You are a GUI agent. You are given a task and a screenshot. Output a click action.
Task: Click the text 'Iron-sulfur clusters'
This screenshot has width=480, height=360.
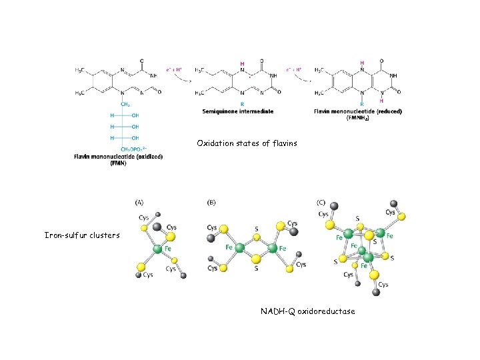[x=82, y=235]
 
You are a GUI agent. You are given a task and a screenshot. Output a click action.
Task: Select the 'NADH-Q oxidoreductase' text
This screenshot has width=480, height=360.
[x=307, y=311]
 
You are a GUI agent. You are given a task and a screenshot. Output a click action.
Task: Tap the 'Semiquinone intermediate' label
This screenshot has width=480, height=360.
[x=237, y=111]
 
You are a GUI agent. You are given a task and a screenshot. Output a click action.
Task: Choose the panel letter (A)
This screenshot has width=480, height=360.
[x=140, y=201]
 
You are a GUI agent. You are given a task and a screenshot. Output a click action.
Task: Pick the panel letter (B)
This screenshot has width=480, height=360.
[x=211, y=201]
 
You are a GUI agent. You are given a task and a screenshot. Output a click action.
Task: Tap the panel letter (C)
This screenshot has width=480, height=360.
[x=321, y=201]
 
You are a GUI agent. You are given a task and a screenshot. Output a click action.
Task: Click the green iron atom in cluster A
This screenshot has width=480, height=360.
[x=157, y=249]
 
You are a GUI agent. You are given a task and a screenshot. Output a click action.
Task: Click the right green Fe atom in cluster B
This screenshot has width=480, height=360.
[x=272, y=248]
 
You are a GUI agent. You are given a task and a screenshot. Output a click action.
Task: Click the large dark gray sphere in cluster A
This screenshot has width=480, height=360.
[x=157, y=227]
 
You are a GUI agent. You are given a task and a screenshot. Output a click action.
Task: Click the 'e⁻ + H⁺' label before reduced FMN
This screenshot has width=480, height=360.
[x=293, y=69]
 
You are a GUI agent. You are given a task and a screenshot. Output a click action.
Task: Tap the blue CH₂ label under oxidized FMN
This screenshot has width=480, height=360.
[x=125, y=104]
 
